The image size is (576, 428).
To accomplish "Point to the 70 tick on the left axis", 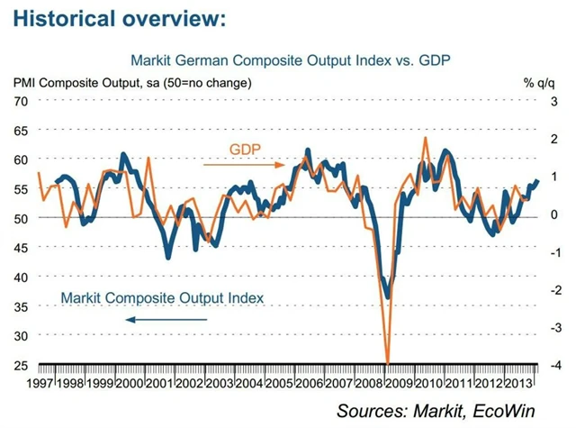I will click(x=20, y=100).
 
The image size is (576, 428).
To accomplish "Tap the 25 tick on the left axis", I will click(x=20, y=364).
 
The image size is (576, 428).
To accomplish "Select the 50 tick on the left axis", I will click(x=20, y=218).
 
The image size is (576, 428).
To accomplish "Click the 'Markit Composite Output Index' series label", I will click(x=162, y=297).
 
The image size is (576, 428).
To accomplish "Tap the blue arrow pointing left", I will click(x=166, y=319).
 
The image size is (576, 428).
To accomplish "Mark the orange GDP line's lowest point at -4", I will click(x=388, y=362).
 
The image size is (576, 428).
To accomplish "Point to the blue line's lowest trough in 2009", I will click(x=387, y=296).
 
